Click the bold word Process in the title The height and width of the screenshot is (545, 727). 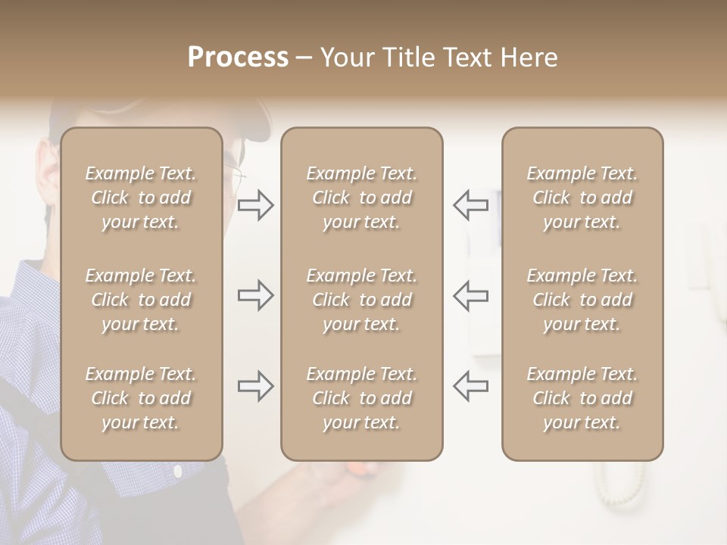point(238,58)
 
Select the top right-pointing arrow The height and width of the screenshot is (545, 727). point(255,204)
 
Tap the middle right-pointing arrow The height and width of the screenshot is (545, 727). point(255,295)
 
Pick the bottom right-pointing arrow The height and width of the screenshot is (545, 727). point(255,386)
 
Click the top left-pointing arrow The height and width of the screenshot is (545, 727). point(471,204)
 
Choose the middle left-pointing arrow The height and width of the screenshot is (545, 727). point(471,295)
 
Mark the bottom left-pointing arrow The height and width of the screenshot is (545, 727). point(471,386)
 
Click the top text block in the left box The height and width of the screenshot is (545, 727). point(141,198)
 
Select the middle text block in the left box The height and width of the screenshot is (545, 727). point(141,300)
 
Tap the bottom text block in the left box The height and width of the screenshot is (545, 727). point(141,398)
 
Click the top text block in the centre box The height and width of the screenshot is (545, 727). point(361,198)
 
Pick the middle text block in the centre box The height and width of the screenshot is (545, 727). point(361,300)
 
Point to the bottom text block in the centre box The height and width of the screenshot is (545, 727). point(361,398)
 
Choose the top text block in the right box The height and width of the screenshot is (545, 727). point(582,198)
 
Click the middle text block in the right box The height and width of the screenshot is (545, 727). point(582,300)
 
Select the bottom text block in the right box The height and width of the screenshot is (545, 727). point(582,398)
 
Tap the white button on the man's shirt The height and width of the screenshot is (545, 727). point(178,472)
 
